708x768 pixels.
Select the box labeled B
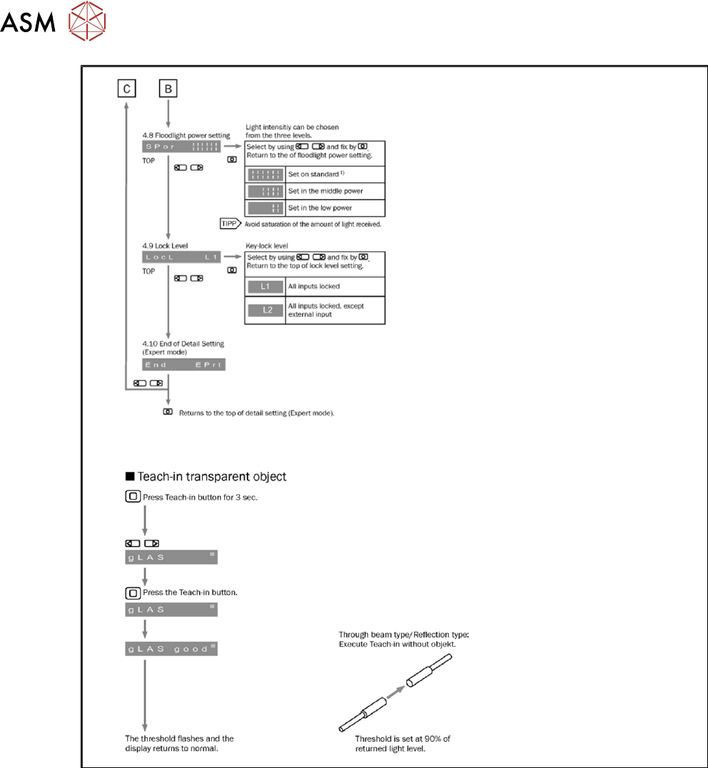click(168, 89)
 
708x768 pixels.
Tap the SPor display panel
click(184, 146)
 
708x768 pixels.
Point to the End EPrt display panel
click(184, 365)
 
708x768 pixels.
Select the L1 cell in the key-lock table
click(265, 286)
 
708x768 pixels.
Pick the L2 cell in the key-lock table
click(265, 311)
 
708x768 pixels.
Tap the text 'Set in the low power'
click(321, 208)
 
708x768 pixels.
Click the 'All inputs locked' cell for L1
click(319, 286)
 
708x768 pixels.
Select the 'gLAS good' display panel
click(171, 650)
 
